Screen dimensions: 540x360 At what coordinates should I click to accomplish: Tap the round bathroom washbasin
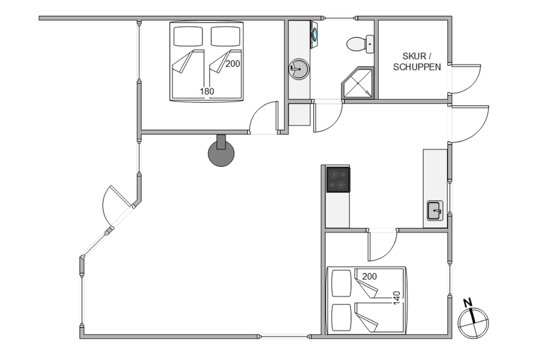pyautogui.click(x=299, y=69)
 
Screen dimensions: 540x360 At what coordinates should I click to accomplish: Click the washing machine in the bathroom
pyautogui.click(x=314, y=33)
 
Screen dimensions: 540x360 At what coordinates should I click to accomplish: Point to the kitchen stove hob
pyautogui.click(x=338, y=179)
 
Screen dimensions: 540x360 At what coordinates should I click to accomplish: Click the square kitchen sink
pyautogui.click(x=435, y=210)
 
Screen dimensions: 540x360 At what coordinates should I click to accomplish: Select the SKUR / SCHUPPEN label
pyautogui.click(x=417, y=62)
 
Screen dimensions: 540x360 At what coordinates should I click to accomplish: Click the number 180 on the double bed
pyautogui.click(x=207, y=92)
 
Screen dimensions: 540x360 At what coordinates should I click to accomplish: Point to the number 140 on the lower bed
pyautogui.click(x=397, y=298)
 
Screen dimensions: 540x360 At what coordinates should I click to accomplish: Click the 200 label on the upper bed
pyautogui.click(x=233, y=64)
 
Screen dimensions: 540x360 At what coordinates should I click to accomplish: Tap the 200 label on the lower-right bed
pyautogui.click(x=369, y=276)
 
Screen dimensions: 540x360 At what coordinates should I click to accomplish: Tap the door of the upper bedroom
pyautogui.click(x=264, y=117)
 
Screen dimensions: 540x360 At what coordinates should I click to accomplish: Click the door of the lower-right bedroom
pyautogui.click(x=383, y=246)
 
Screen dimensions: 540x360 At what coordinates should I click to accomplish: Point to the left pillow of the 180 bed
pyautogui.click(x=188, y=37)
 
